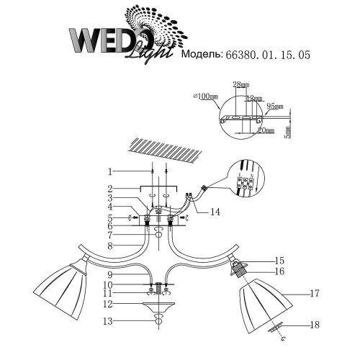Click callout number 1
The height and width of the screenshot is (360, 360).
[109, 172]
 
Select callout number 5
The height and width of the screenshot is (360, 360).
[109, 218]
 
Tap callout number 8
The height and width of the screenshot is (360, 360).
[109, 247]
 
